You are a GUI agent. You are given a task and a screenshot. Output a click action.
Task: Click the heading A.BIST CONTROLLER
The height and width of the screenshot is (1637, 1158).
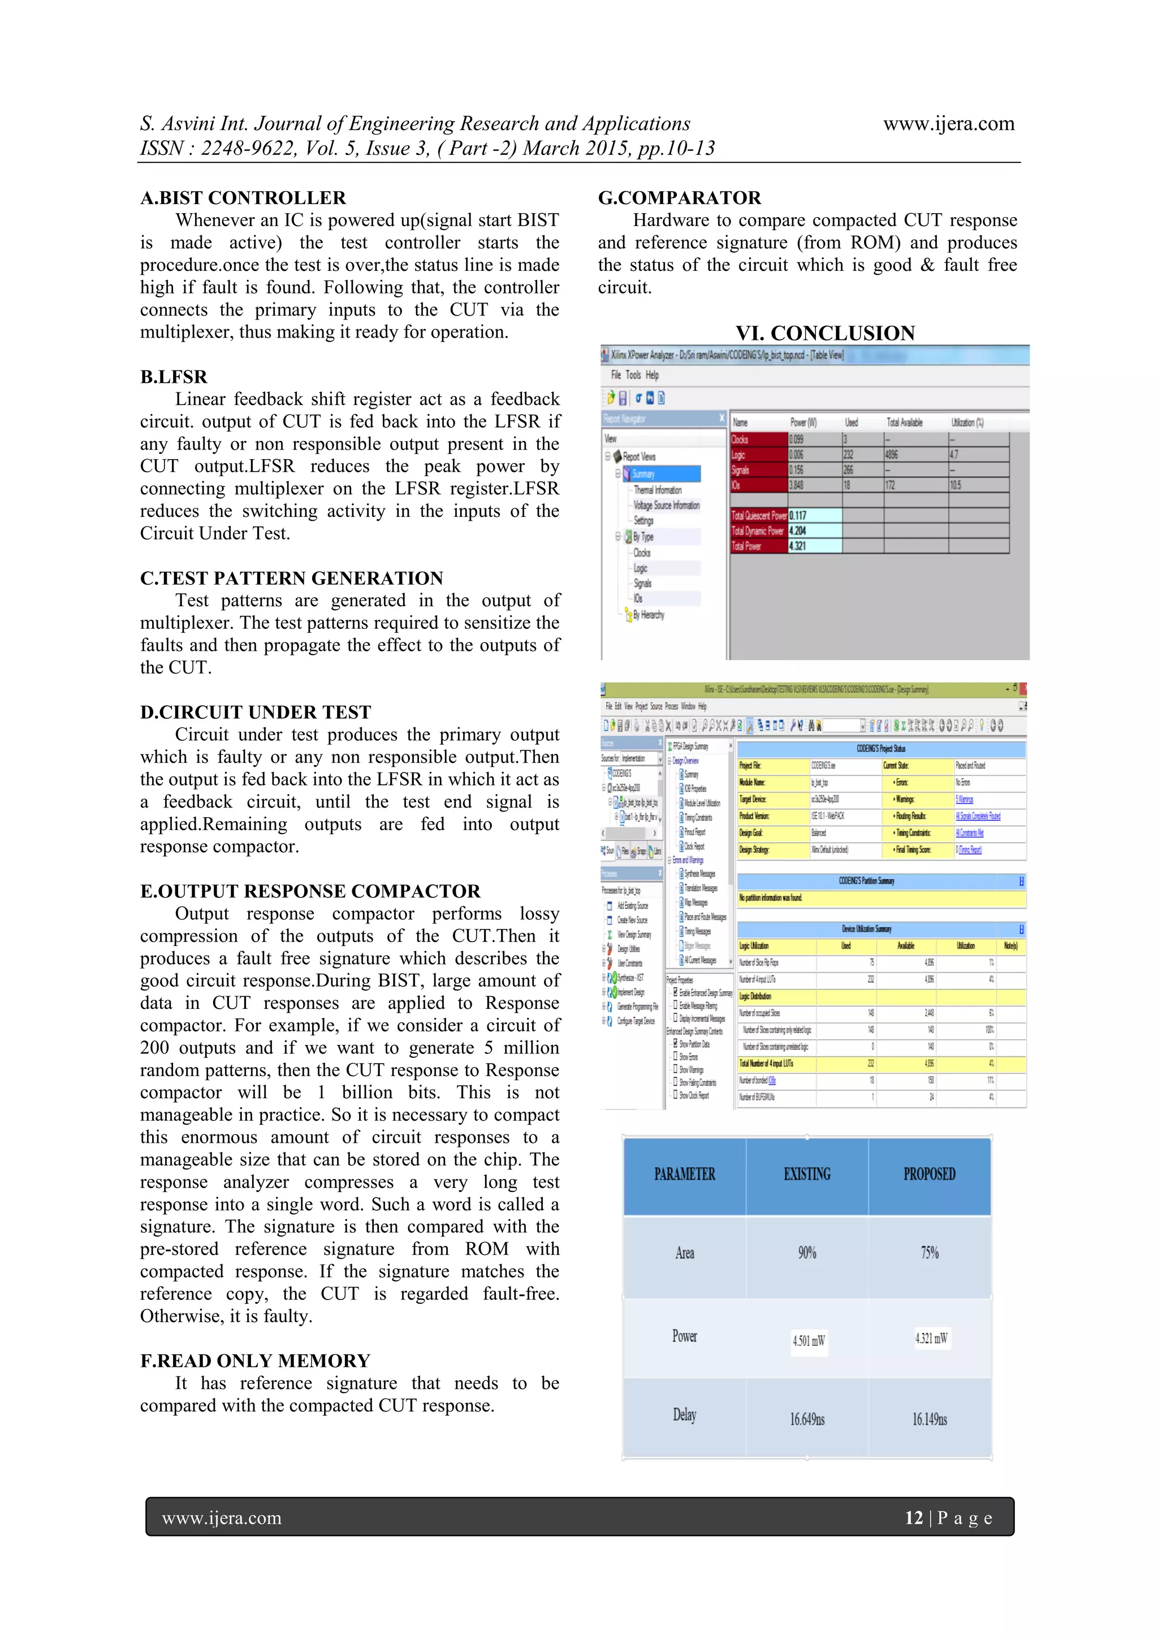coord(243,197)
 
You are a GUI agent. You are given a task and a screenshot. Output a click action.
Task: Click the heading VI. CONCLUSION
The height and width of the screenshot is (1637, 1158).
coord(825,333)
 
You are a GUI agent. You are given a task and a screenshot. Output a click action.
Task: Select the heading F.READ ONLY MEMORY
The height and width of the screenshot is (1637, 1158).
coord(254,1360)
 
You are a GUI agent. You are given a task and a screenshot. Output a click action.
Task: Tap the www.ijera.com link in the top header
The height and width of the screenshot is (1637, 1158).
coord(948,124)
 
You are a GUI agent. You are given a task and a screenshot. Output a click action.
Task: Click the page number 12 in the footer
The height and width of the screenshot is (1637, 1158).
coord(913,1517)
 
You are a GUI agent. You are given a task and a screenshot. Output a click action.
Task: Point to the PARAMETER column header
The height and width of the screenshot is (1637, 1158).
coord(685,1174)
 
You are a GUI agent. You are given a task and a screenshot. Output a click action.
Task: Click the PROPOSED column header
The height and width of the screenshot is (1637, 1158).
coord(929,1174)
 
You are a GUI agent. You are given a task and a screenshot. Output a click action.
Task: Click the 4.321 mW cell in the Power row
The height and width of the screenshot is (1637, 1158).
coord(931,1338)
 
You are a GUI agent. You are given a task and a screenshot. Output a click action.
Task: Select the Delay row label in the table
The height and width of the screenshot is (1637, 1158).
coord(685,1415)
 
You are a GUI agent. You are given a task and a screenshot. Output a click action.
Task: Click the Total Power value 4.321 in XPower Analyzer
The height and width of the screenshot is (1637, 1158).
coord(798,546)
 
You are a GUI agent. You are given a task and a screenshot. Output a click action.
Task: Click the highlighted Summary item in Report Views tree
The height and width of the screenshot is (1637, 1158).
coord(643,474)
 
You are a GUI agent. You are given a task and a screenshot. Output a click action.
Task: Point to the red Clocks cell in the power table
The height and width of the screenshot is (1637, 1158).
coord(758,439)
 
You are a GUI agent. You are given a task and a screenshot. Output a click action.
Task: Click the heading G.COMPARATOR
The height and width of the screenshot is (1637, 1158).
coord(679,197)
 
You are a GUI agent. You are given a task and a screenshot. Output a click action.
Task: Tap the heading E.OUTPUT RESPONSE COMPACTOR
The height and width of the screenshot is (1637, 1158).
coord(310,891)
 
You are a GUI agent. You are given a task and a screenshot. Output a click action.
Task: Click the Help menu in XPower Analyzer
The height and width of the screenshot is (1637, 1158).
coord(652,375)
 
